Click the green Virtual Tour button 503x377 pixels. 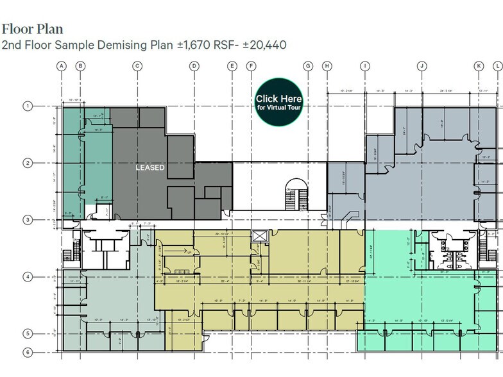pyautogui.click(x=278, y=101)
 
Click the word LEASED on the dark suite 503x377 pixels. pyautogui.click(x=150, y=167)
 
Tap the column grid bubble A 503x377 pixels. pyautogui.click(x=62, y=66)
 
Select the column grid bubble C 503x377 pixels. pyautogui.click(x=137, y=66)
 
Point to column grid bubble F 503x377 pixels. pyautogui.click(x=251, y=66)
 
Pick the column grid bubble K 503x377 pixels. pyautogui.click(x=479, y=66)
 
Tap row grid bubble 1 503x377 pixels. pyautogui.click(x=28, y=106)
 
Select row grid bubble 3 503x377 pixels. pyautogui.click(x=28, y=220)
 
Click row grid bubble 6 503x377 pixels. pyautogui.click(x=28, y=352)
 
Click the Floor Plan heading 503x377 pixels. pyautogui.click(x=31, y=29)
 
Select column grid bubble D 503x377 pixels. pyautogui.click(x=194, y=66)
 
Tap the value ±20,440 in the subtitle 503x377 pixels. pyautogui.click(x=260, y=46)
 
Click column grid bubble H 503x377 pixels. pyautogui.click(x=327, y=66)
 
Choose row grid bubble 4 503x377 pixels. pyautogui.click(x=28, y=277)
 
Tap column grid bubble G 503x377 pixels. pyautogui.click(x=308, y=66)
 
